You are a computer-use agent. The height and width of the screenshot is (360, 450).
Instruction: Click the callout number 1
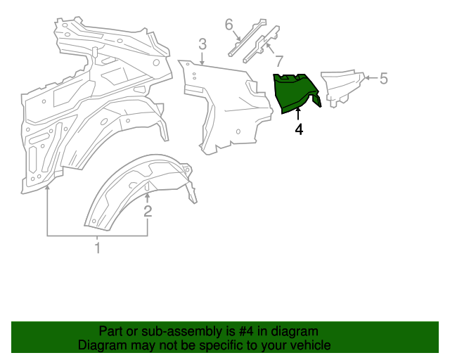point(98,248)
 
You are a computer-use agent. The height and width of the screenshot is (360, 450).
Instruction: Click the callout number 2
point(148,210)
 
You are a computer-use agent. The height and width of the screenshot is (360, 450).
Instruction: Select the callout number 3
point(202,45)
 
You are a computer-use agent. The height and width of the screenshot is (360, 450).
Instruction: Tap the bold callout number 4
point(299,129)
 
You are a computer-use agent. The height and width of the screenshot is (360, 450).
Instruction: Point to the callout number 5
point(383,78)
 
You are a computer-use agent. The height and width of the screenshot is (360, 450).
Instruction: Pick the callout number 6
point(229,25)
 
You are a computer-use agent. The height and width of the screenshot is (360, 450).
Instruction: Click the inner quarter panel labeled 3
point(225,105)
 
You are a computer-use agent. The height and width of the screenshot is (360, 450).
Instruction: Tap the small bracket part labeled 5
point(341,86)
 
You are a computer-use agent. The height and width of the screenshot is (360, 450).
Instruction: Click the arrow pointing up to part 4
point(299,115)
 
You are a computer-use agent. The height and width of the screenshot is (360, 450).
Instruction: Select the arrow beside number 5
point(370,78)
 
